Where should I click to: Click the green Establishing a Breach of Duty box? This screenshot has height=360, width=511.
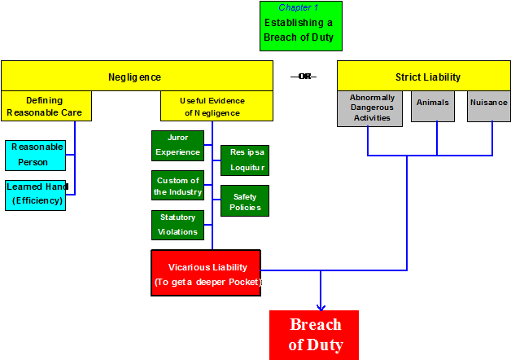300,29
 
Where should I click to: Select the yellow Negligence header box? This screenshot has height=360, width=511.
136,77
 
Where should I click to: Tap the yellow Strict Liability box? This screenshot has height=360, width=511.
427,77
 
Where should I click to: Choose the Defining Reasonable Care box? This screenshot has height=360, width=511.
46,106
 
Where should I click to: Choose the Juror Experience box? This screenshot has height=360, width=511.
177,145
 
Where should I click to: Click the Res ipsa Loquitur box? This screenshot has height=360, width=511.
244,160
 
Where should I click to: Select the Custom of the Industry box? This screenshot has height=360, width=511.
177,186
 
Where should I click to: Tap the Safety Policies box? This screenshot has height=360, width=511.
244,201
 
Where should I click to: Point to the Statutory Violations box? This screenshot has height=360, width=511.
177,225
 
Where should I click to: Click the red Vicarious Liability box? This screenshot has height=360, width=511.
206,273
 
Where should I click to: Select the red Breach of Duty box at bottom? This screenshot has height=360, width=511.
314,335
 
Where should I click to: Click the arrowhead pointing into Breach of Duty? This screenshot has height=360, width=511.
321,305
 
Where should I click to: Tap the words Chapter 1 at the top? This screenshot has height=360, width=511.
299,7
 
